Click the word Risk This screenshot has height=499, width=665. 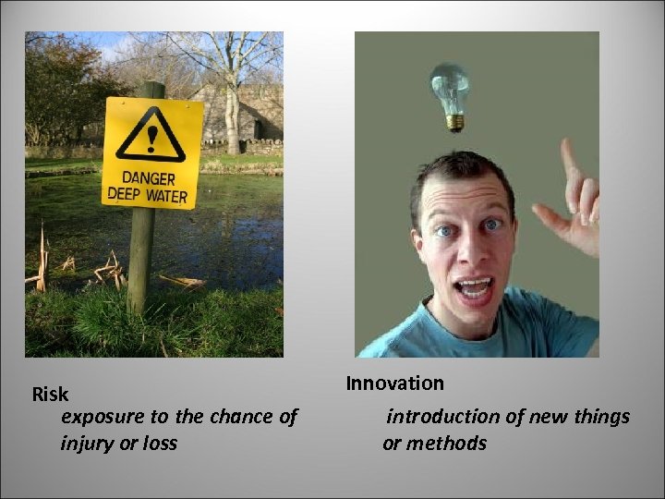(x=50, y=395)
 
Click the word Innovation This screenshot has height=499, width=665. (x=394, y=383)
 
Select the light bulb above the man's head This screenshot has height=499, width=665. (x=450, y=93)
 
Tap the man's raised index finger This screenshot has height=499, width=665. (x=569, y=159)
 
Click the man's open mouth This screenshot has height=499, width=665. (x=476, y=288)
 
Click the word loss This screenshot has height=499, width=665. (x=158, y=443)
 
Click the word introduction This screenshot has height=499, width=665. (x=441, y=417)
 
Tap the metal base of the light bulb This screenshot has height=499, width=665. (x=453, y=121)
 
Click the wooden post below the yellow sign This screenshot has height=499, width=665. (x=140, y=259)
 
